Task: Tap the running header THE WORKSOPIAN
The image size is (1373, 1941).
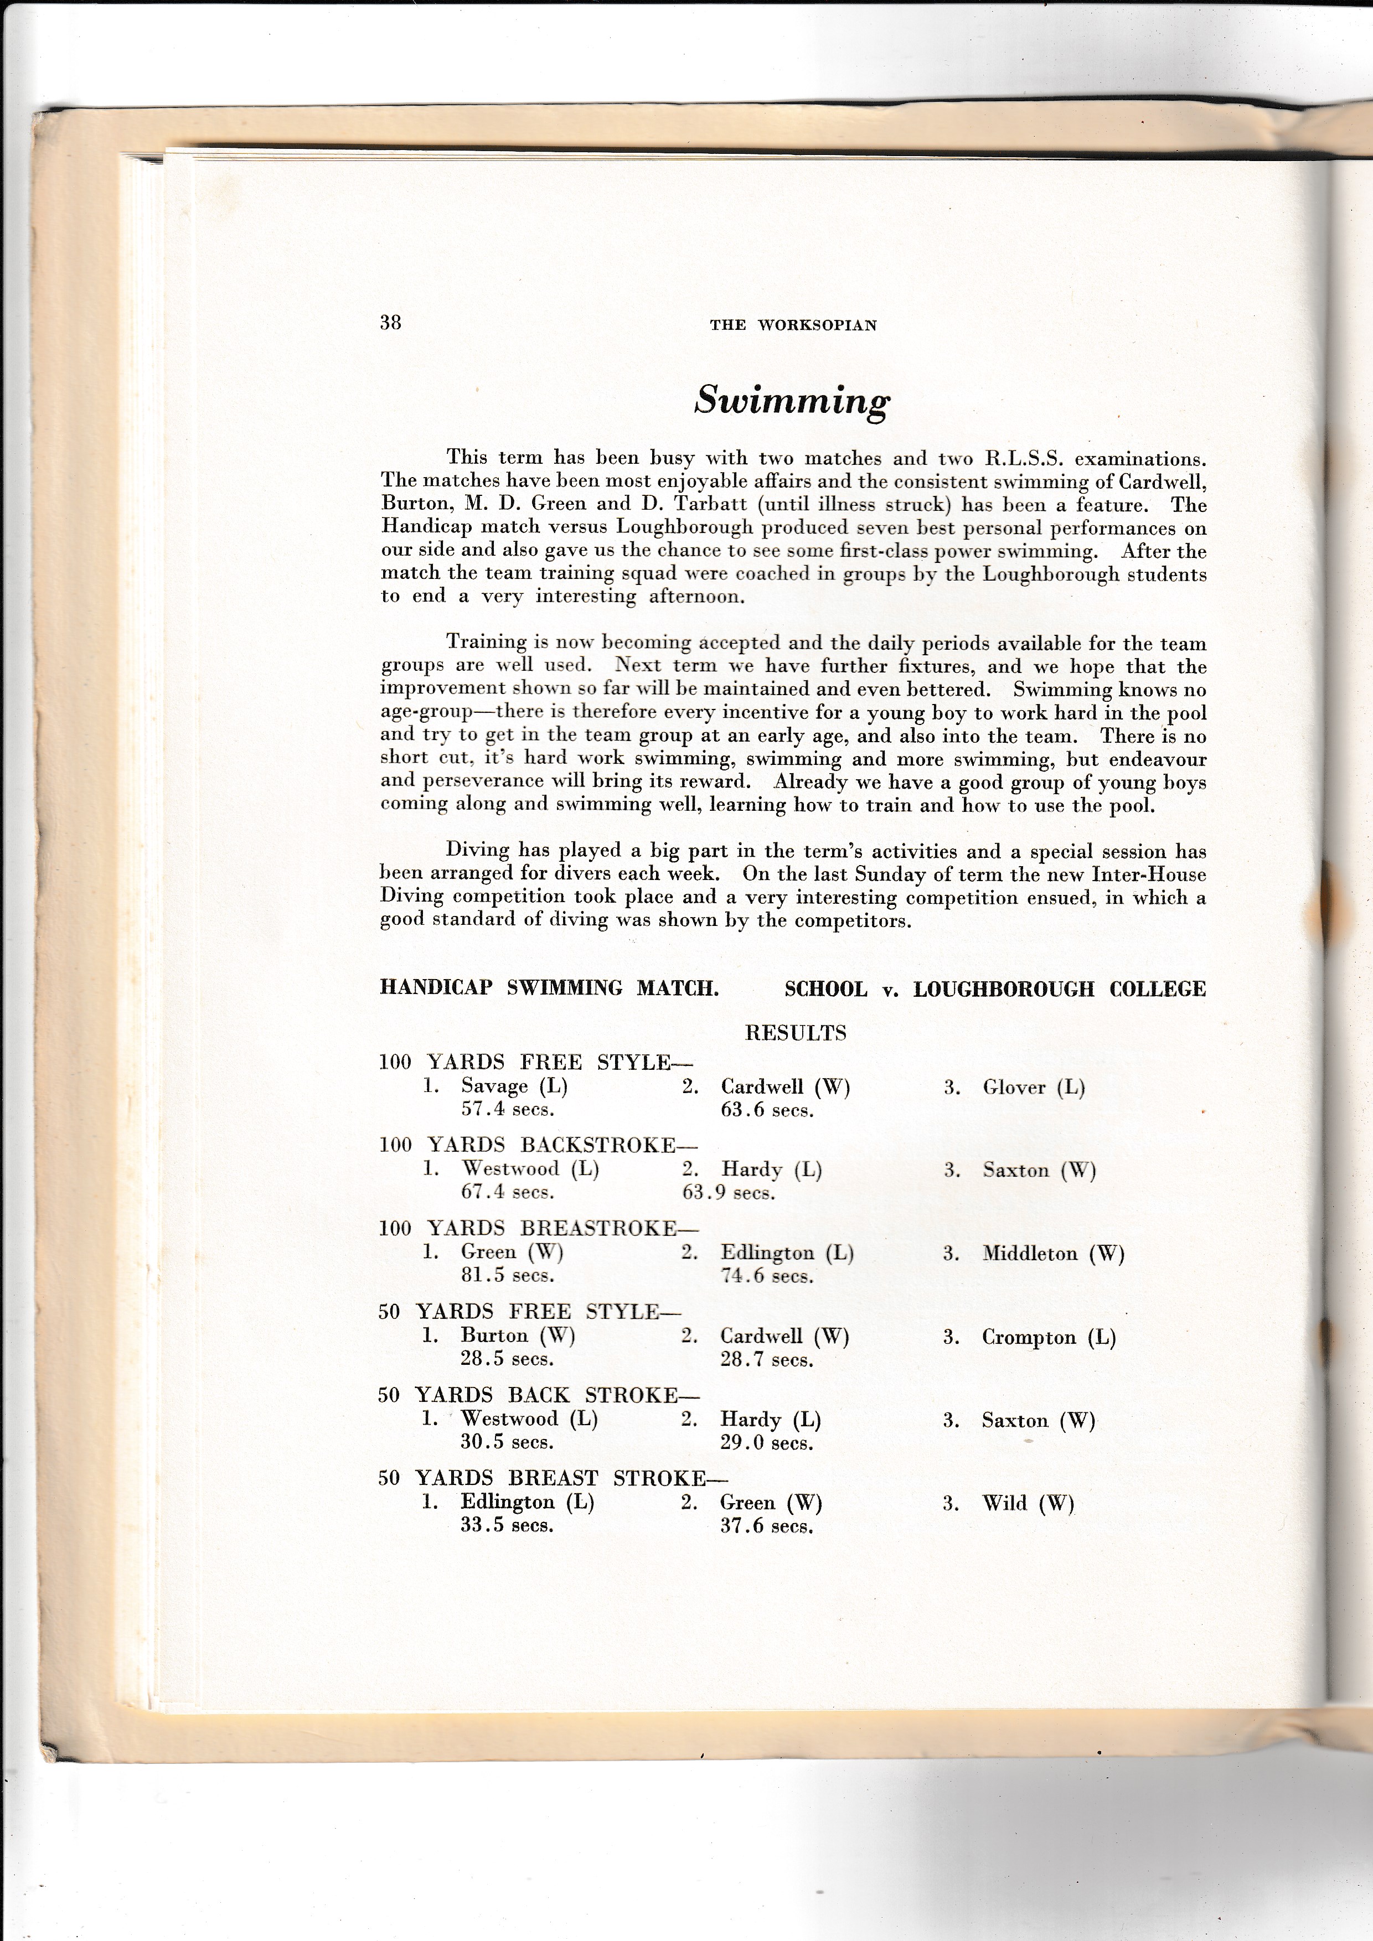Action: click(793, 325)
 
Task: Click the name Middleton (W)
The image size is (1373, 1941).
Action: click(1052, 1253)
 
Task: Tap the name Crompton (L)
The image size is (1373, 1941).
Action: click(1049, 1337)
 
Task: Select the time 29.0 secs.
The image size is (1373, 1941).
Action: click(767, 1442)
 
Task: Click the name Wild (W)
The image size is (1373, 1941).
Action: click(1027, 1503)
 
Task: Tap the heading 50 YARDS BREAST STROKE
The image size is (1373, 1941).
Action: click(553, 1478)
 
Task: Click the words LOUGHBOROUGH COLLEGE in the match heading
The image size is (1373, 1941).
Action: click(1059, 988)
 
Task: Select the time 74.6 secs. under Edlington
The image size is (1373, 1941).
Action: click(767, 1276)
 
